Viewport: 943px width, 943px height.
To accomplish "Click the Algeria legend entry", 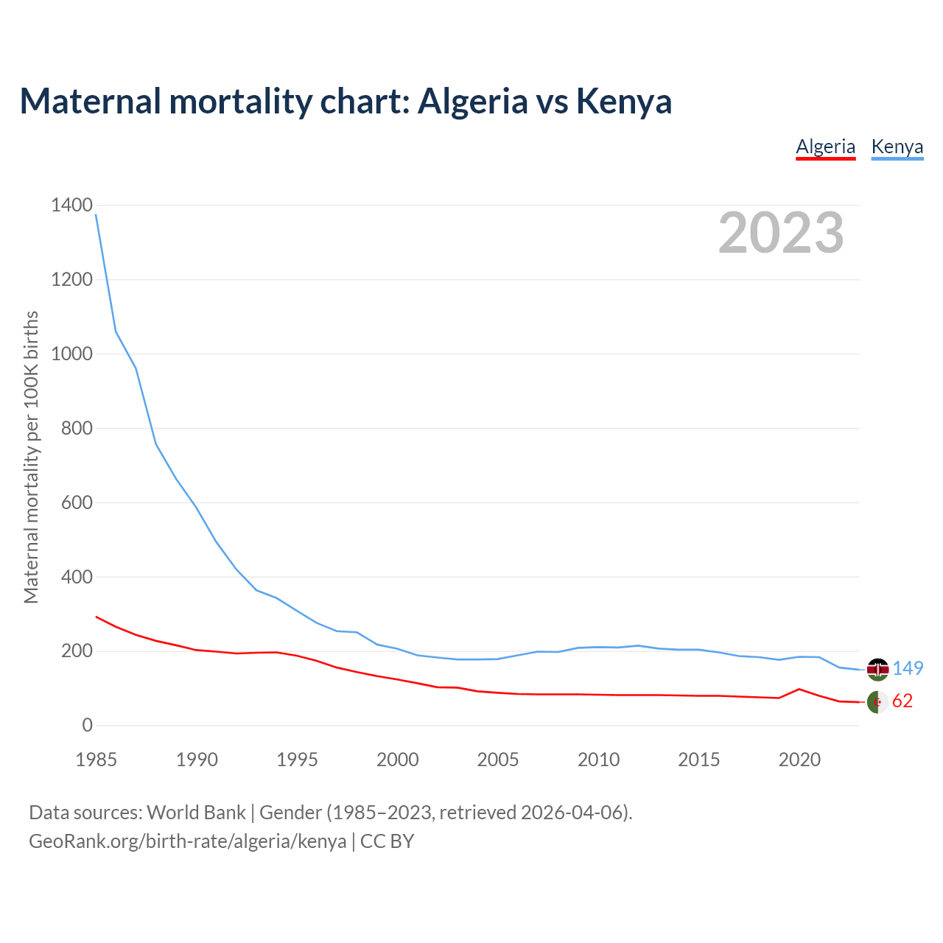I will tap(825, 147).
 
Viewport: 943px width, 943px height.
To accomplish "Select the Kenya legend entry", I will tap(897, 147).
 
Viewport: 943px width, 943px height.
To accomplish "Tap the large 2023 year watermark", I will tap(781, 233).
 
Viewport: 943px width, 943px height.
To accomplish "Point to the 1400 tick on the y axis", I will tap(72, 205).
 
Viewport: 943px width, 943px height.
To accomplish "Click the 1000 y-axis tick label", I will tap(72, 354).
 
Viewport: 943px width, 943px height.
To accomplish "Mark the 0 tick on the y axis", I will tap(87, 725).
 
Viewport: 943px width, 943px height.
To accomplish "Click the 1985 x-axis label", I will tap(97, 760).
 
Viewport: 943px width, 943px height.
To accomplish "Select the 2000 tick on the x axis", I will tap(398, 760).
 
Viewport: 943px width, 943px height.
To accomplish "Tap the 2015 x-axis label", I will tap(698, 760).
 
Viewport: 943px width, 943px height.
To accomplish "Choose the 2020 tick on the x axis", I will tap(799, 760).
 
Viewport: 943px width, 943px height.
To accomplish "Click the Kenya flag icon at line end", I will tap(877, 669).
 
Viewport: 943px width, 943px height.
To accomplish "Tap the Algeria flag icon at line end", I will tap(877, 702).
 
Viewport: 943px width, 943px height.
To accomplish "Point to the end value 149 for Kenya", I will tap(908, 668).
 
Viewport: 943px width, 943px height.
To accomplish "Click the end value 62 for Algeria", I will tap(902, 701).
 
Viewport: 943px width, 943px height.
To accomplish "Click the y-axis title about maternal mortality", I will tap(31, 457).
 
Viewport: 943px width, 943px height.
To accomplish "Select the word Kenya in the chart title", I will tap(624, 101).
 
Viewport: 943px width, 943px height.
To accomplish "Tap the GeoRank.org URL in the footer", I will tap(188, 841).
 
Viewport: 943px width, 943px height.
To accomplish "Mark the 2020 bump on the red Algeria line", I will tap(799, 689).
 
